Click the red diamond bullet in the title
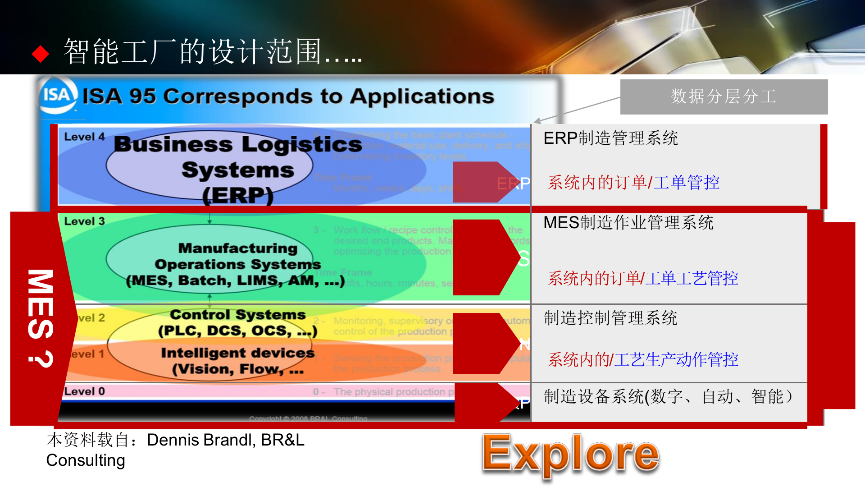[x=41, y=54]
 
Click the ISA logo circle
[x=58, y=95]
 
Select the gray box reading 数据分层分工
[x=724, y=97]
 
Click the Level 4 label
[x=84, y=137]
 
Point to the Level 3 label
[x=84, y=221]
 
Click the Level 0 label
[x=84, y=391]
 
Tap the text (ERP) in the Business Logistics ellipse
[x=237, y=195]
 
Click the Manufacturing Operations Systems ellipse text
[x=237, y=264]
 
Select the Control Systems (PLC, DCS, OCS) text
[x=237, y=322]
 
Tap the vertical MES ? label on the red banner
[x=41, y=318]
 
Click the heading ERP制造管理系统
[x=610, y=138]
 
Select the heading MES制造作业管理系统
[x=628, y=223]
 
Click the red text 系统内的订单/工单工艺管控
[x=642, y=278]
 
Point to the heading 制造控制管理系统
[x=610, y=318]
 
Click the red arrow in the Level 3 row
[x=484, y=257]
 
